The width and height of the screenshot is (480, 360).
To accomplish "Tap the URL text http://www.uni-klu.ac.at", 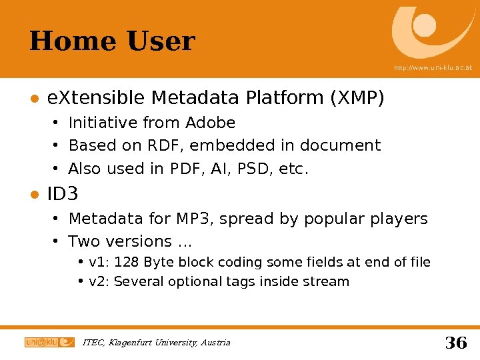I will pos(433,68).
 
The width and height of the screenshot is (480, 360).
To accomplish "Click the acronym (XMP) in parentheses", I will pos(357,99).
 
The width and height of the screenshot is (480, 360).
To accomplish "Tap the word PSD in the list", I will pos(248,169).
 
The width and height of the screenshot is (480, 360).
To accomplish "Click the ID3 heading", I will pos(63,195).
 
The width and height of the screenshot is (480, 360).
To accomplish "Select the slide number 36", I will pos(455,343).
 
